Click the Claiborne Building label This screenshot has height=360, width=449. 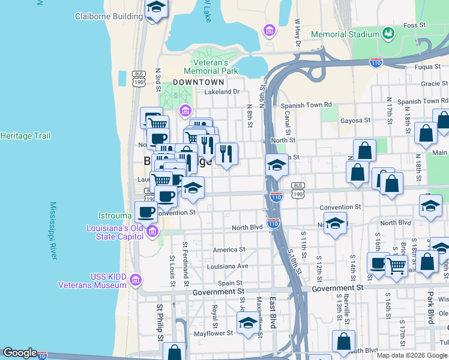click(109, 16)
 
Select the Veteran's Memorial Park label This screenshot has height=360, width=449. click(215, 67)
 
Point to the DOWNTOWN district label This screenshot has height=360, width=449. click(198, 82)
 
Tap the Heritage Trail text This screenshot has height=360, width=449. click(25, 136)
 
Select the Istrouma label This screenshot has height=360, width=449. click(116, 215)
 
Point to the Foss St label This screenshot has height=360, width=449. click(414, 25)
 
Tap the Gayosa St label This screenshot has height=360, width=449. click(355, 121)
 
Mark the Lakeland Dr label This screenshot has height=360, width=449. click(221, 92)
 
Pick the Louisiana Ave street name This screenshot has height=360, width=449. click(226, 266)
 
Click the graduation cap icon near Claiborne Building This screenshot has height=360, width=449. click(156, 8)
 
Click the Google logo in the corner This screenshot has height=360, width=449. click(19, 353)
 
